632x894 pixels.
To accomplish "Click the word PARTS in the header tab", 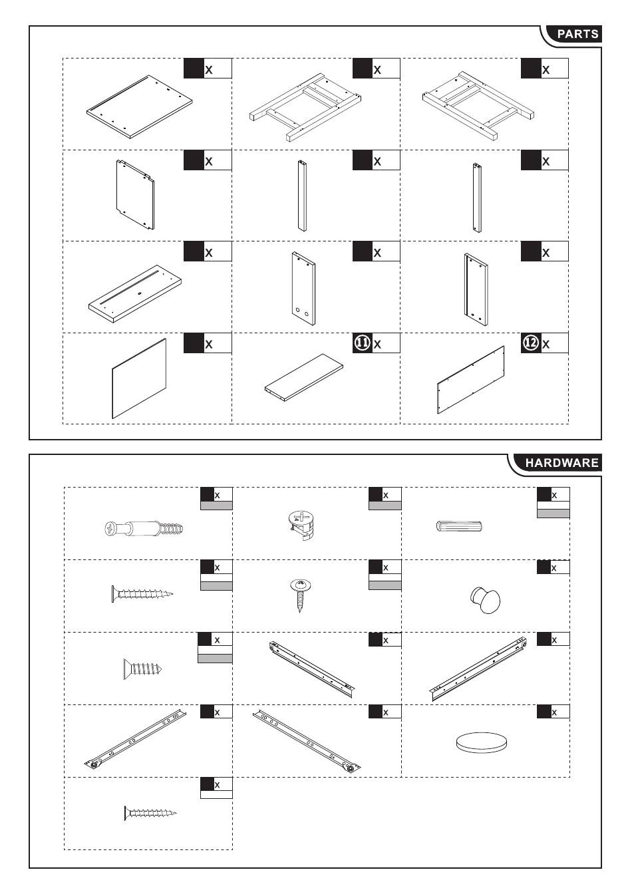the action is pos(577,34).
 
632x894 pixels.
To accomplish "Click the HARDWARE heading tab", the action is pos(561,462).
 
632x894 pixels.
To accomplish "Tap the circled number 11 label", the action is pos(362,343).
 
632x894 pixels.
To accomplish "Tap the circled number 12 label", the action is pos(531,343).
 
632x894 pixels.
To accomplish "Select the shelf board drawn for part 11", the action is pos(304,377).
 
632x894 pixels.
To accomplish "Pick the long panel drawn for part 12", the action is pos(471,380).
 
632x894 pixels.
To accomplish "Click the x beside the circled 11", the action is pos(377,344).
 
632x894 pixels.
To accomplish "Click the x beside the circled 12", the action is pos(546,344).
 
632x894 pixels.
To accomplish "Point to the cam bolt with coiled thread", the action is pos(144,529).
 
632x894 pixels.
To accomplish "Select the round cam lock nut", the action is pos(301,524).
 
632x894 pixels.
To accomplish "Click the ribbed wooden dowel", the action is pos(459,526).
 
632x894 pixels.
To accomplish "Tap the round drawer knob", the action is pos(485,600).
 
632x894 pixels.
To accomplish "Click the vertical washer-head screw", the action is pos(301,595).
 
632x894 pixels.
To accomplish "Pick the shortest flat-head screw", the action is pos(142,669).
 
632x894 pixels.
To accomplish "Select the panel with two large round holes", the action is pos(304,288).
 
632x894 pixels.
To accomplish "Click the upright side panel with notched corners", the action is pos(135,195).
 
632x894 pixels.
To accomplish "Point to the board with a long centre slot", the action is pos(135,294).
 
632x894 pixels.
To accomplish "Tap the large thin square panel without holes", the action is pos(139,378).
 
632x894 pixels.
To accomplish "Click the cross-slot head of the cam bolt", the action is pos(110,529).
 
